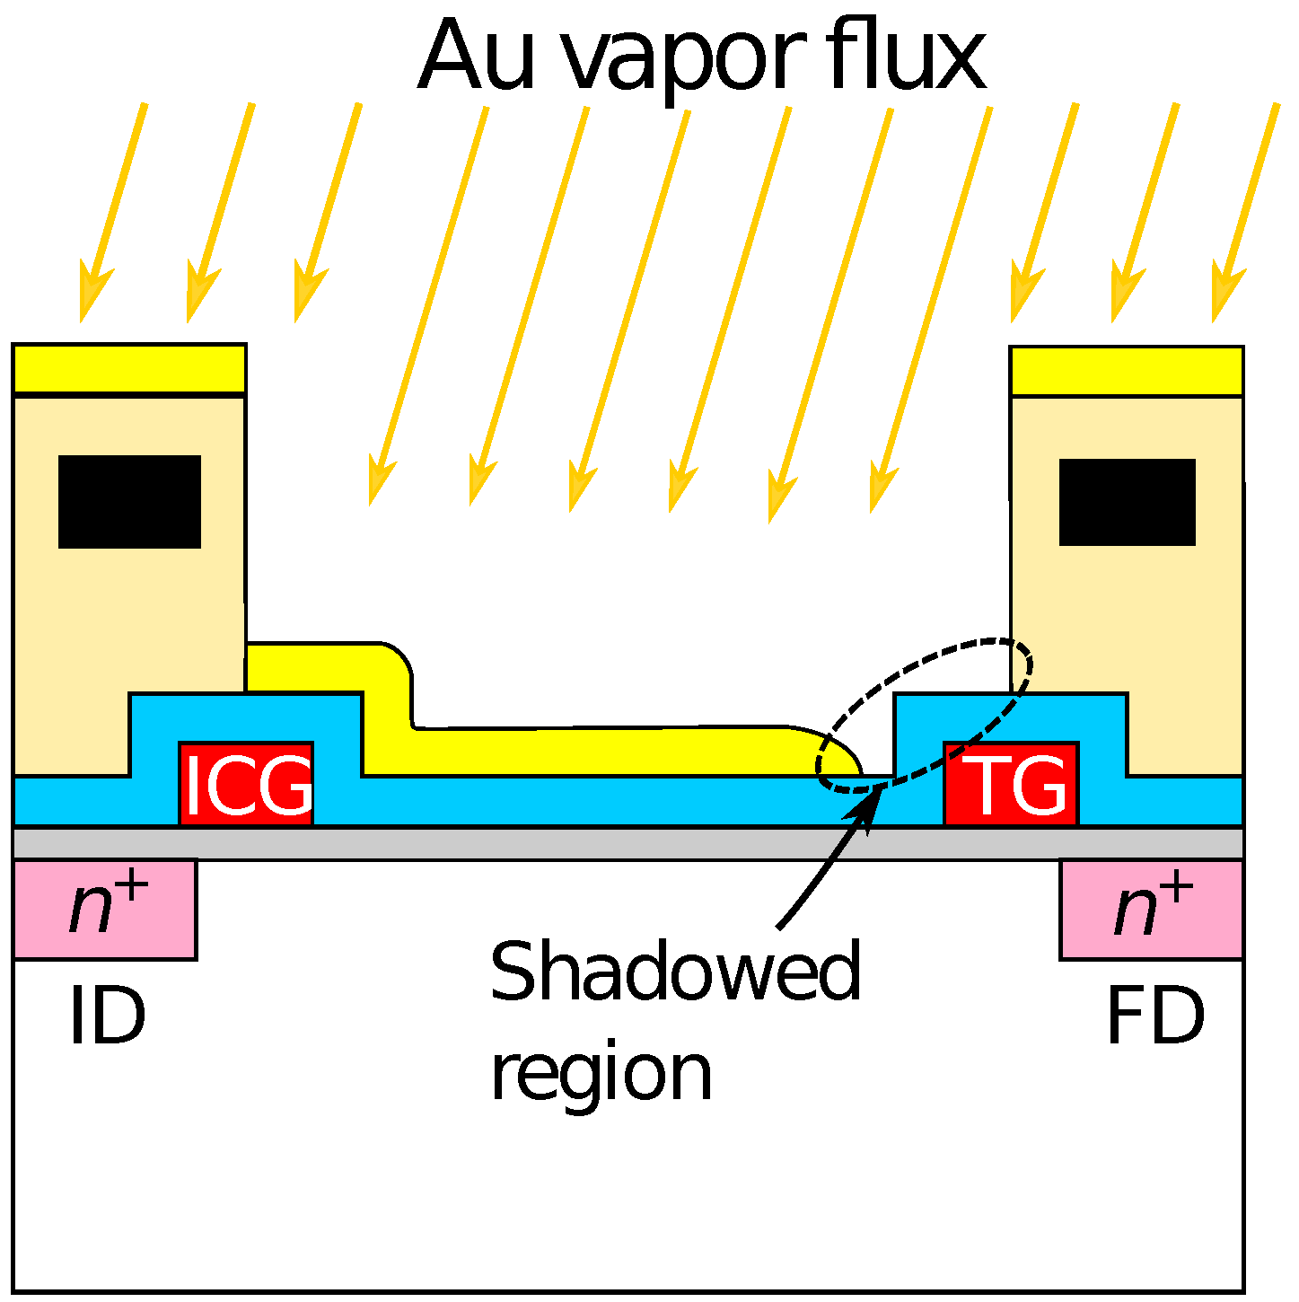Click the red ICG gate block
[246, 783]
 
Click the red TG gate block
[1011, 783]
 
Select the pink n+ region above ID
[105, 909]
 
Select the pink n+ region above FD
[1152, 909]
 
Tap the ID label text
[107, 1016]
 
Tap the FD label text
[1154, 1016]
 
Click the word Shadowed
[675, 972]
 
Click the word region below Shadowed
[601, 1075]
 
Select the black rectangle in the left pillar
[129, 501]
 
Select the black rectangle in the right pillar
[1127, 501]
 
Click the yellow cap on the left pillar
[129, 368]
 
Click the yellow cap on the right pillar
[1127, 371]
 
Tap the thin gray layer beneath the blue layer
[628, 843]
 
